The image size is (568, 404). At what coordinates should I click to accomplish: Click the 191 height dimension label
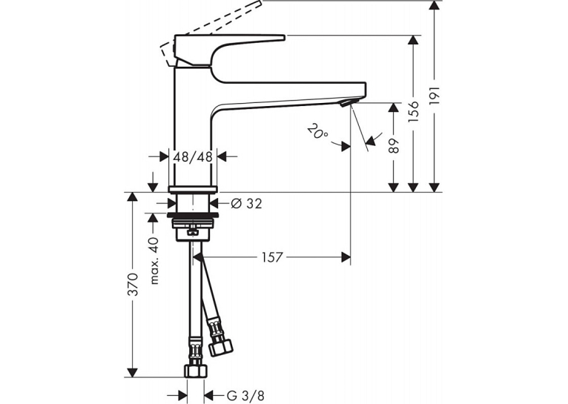tap(435, 96)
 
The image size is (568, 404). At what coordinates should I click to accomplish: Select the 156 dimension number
tap(413, 111)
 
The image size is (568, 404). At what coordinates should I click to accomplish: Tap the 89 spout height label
tap(394, 145)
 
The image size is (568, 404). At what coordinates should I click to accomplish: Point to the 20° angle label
tap(317, 131)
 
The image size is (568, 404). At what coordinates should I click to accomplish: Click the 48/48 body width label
tap(193, 157)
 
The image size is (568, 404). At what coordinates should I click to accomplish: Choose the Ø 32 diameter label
tap(246, 204)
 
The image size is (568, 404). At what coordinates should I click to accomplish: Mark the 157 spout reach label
tap(271, 257)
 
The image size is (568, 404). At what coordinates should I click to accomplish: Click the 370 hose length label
tap(133, 284)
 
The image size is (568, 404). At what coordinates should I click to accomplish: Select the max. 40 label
tap(154, 261)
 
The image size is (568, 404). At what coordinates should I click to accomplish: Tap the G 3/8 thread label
tap(245, 395)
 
